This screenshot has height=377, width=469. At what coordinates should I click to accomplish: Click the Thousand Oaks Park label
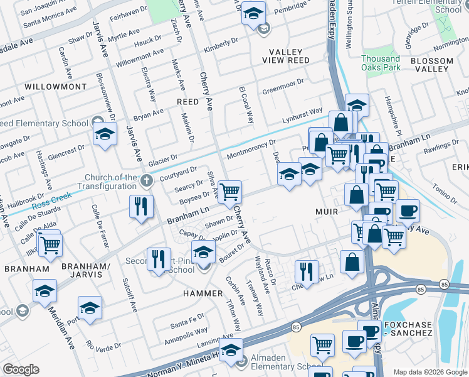[381, 63]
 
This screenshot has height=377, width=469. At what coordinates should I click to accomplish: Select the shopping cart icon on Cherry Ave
[230, 192]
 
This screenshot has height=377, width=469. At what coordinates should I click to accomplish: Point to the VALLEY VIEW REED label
[290, 56]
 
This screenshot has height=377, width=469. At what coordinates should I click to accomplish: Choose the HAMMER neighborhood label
[203, 293]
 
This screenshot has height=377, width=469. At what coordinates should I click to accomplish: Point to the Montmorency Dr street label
[251, 150]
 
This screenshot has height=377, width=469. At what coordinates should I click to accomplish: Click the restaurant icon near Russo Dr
[305, 271]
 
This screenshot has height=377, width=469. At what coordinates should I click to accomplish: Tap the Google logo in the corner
[21, 369]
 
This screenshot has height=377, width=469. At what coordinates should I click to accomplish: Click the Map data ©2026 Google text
[429, 372]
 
